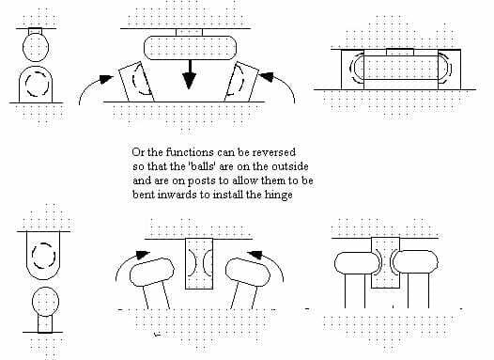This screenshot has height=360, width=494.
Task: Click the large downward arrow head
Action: (x=189, y=81)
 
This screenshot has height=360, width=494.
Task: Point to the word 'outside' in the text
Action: (x=290, y=166)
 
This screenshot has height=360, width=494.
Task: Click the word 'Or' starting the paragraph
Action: (x=138, y=152)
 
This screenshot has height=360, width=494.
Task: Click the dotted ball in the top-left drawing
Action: (x=36, y=47)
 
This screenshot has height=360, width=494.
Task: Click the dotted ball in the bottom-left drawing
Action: (x=45, y=302)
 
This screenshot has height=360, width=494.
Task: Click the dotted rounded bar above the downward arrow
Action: (x=191, y=48)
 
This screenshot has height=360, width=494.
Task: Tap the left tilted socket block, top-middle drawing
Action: (x=136, y=82)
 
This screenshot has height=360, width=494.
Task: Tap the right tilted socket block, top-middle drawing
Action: (x=241, y=82)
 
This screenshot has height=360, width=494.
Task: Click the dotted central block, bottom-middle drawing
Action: (x=199, y=263)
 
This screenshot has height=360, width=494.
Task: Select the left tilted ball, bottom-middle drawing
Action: (x=152, y=272)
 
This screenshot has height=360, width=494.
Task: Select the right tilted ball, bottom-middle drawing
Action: (x=248, y=272)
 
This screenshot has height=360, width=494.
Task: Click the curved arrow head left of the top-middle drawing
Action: (x=106, y=79)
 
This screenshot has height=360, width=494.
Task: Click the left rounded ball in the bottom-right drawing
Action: (x=357, y=263)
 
